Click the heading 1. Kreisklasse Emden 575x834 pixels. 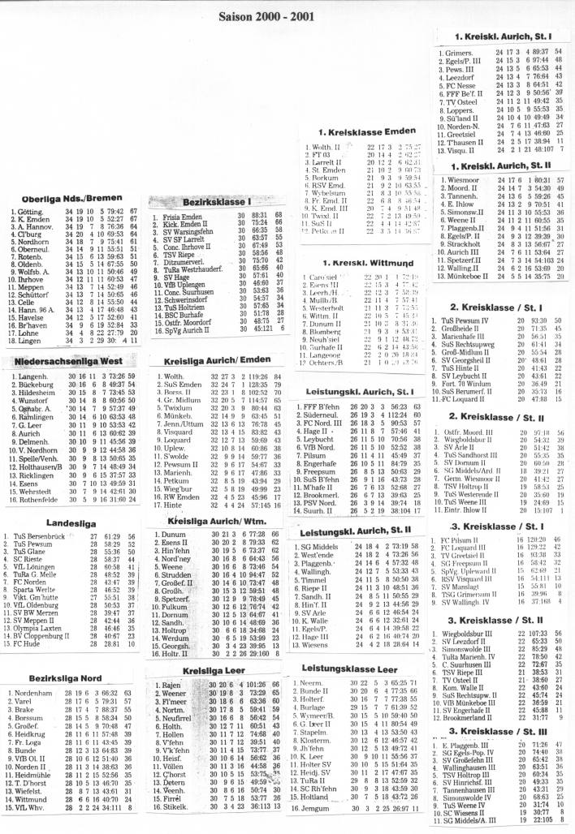(x=357, y=131)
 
